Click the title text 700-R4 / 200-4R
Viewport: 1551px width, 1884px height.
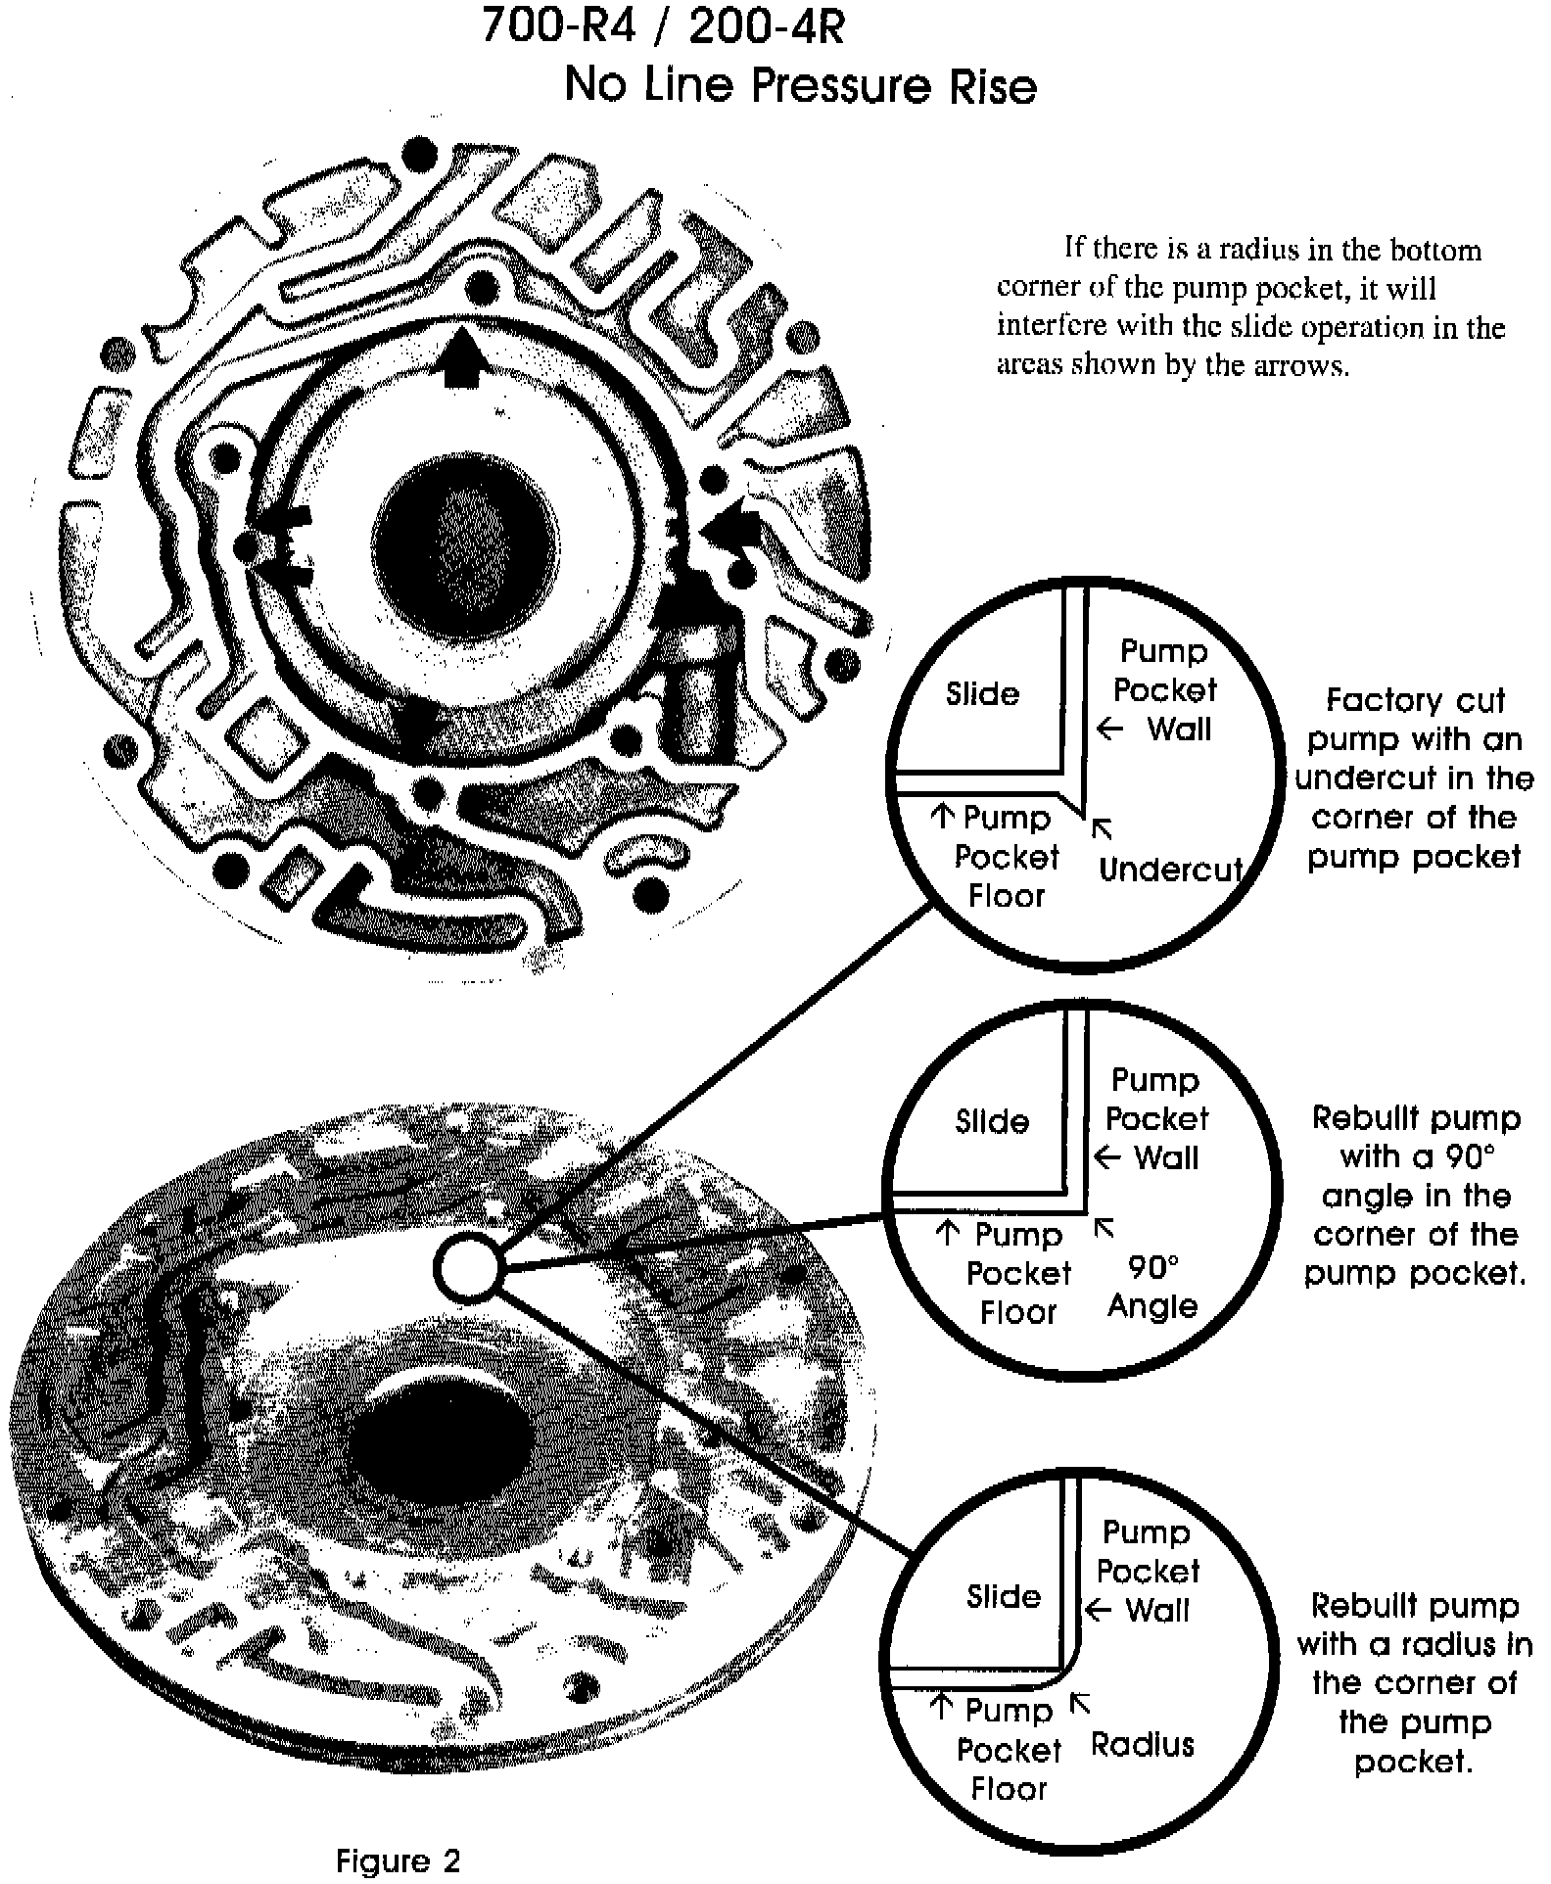[x=663, y=26]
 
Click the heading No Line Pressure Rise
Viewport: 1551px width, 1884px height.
[x=800, y=85]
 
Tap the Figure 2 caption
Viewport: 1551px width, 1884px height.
[x=398, y=1860]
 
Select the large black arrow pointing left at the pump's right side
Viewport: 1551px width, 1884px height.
[x=732, y=529]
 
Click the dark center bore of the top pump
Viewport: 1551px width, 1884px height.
[x=466, y=545]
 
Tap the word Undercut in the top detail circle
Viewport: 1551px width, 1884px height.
[x=1170, y=869]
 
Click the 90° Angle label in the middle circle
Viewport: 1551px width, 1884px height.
[x=1152, y=1287]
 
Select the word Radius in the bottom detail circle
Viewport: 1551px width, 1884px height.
[x=1143, y=1744]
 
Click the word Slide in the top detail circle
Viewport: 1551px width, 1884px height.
[x=982, y=693]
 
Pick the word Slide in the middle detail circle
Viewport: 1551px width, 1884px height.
[x=992, y=1120]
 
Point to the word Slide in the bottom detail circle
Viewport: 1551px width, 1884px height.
[x=1004, y=1596]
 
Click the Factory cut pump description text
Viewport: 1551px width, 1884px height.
[x=1414, y=778]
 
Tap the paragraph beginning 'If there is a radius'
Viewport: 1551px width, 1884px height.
[x=1249, y=306]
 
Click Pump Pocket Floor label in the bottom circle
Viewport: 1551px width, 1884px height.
[x=1009, y=1749]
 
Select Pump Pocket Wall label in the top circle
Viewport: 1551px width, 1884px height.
[x=1164, y=689]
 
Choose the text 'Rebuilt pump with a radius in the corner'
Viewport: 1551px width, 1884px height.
[x=1414, y=1682]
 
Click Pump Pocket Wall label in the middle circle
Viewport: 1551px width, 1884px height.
[x=1156, y=1118]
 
